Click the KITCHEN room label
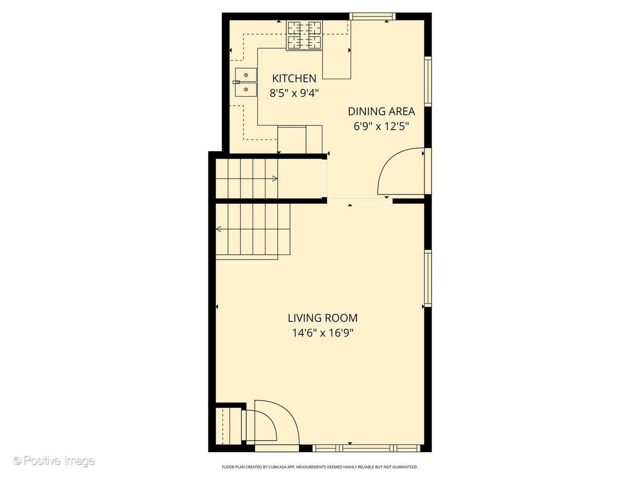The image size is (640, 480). click(x=294, y=79)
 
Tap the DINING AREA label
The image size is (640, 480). click(x=381, y=112)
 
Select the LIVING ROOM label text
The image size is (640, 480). click(x=323, y=318)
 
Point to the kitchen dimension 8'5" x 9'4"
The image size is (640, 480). click(x=294, y=93)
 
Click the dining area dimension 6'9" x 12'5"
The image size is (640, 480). click(x=381, y=127)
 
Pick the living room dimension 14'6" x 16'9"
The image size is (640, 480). click(x=323, y=333)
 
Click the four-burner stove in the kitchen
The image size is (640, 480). click(x=304, y=35)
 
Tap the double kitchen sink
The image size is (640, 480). click(x=246, y=82)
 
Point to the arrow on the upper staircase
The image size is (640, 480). click(x=275, y=179)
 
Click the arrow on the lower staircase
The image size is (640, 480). click(x=219, y=229)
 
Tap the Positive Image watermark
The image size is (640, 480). click(x=54, y=461)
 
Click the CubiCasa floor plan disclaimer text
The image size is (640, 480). click(x=320, y=467)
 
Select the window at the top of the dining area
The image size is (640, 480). click(x=372, y=16)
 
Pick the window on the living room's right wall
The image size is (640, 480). click(x=428, y=278)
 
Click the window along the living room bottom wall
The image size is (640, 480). click(x=366, y=448)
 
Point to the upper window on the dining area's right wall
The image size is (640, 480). click(x=428, y=81)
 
